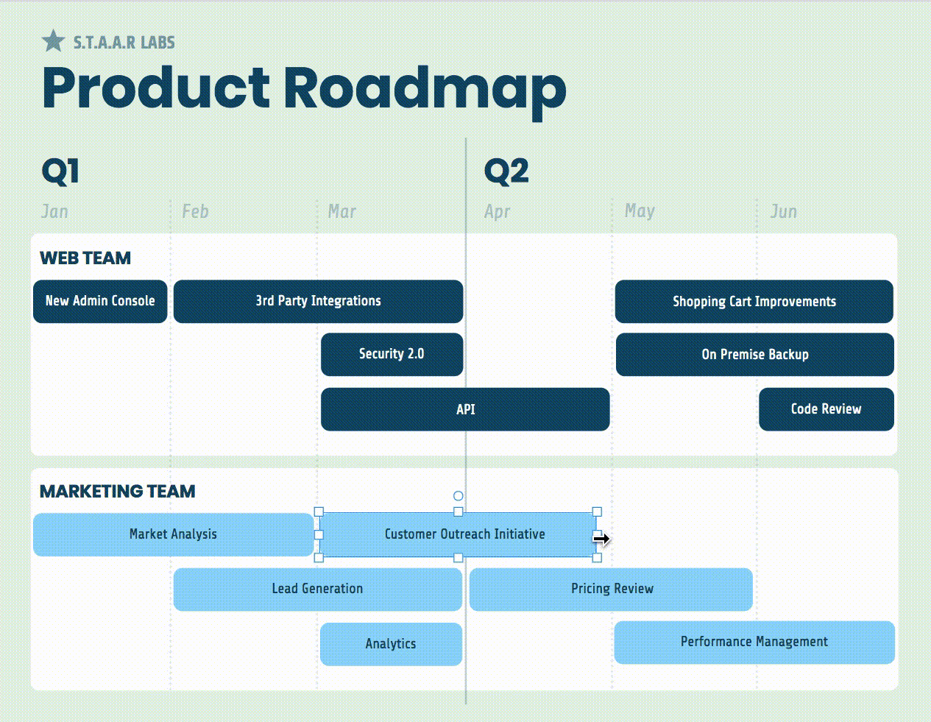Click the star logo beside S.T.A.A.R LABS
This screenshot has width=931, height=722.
(x=53, y=41)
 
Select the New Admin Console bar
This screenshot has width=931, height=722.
(x=100, y=301)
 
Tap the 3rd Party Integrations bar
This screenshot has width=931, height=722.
(x=318, y=301)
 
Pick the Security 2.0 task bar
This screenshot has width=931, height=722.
(x=392, y=354)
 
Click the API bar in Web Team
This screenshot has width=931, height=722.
(x=465, y=409)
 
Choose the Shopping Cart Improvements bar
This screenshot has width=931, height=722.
(x=754, y=301)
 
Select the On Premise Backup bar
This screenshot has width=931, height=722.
(x=754, y=355)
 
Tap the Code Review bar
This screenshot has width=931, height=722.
(x=826, y=409)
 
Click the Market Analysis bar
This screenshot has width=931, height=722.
(x=173, y=534)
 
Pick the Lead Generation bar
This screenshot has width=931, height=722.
(x=317, y=589)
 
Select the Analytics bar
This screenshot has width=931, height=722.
(x=391, y=644)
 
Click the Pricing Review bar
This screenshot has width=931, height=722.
(x=612, y=589)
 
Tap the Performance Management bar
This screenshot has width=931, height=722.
(x=754, y=642)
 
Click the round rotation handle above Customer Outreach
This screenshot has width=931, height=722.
(x=458, y=496)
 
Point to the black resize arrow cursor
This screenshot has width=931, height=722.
(x=602, y=539)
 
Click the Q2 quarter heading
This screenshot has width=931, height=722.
(x=506, y=171)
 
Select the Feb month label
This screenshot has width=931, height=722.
(x=195, y=212)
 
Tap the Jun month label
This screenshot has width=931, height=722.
(x=783, y=212)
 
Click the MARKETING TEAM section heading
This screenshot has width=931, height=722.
(x=118, y=492)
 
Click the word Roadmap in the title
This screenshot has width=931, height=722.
(x=425, y=88)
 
